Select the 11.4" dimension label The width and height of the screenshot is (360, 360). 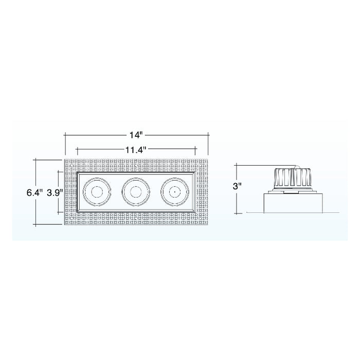136,150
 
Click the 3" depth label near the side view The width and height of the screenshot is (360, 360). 237,187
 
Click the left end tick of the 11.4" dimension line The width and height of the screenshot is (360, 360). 77,150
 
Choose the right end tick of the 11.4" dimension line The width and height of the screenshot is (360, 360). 196,150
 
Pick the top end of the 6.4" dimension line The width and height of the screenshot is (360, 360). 35,159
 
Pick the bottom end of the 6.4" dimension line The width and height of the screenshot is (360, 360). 35,225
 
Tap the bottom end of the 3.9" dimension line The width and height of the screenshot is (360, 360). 58,212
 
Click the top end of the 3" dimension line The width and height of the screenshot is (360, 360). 236,165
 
